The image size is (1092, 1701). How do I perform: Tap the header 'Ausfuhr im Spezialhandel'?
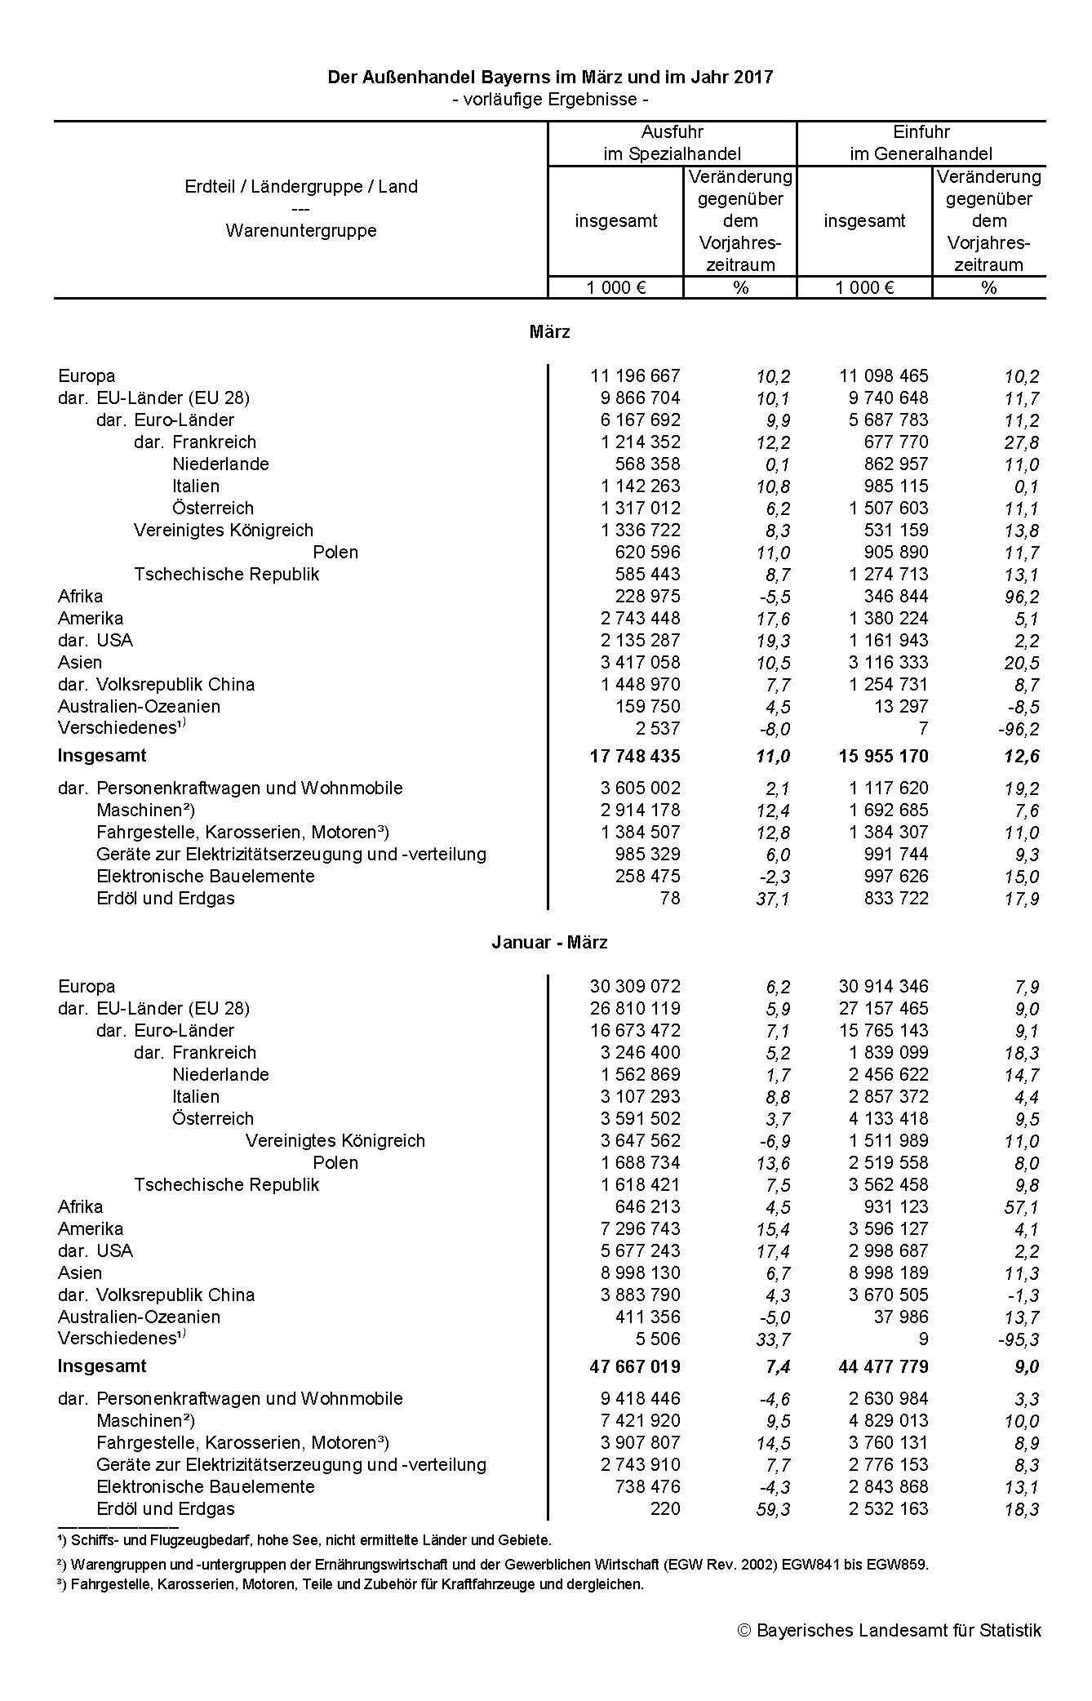(672, 143)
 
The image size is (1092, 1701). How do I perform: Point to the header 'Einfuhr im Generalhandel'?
(921, 143)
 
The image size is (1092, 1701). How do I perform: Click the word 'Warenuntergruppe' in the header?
(301, 230)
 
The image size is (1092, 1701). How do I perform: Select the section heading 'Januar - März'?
(549, 942)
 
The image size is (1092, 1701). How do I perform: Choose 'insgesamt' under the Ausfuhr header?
(615, 220)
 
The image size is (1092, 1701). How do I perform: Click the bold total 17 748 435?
(634, 756)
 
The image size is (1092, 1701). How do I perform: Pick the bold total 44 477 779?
(883, 1366)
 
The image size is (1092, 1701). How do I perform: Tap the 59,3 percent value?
(773, 1509)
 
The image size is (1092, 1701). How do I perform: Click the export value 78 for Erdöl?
(670, 898)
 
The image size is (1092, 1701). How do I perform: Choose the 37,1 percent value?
(773, 899)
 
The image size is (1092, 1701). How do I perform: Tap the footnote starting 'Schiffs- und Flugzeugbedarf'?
(310, 1540)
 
